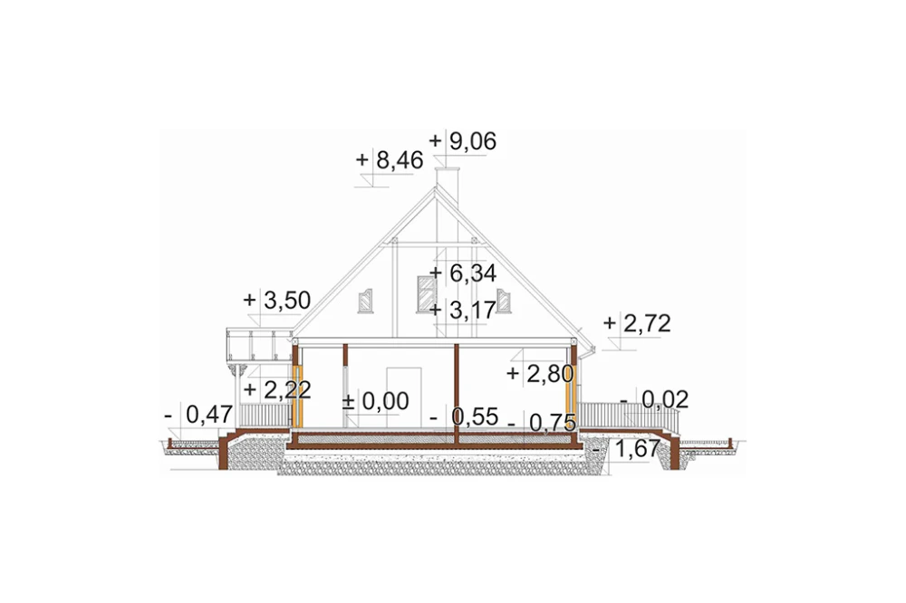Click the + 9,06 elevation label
coord(463,141)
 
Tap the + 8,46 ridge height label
coord(390,160)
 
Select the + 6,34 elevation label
coord(463,273)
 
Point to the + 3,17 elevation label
coord(463,311)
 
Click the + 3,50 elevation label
coord(277,301)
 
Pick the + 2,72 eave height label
coord(637,323)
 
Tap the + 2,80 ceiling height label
coord(541,374)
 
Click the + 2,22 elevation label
coord(277,390)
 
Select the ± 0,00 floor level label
coord(376,401)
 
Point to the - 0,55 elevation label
coord(465,416)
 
